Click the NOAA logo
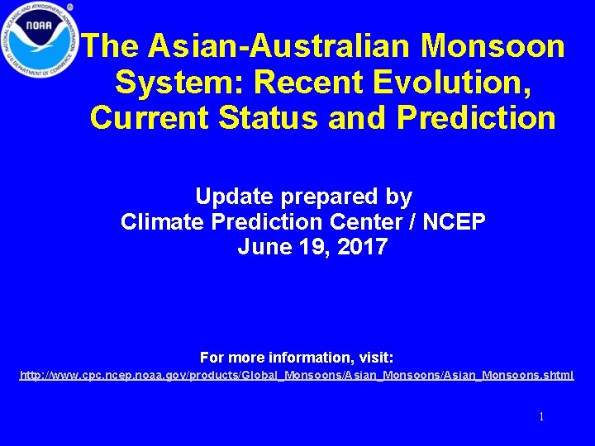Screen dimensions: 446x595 [38, 40]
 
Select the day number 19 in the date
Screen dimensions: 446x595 [307, 246]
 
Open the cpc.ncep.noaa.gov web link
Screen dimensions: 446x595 [297, 376]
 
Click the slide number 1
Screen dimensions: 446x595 [541, 417]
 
